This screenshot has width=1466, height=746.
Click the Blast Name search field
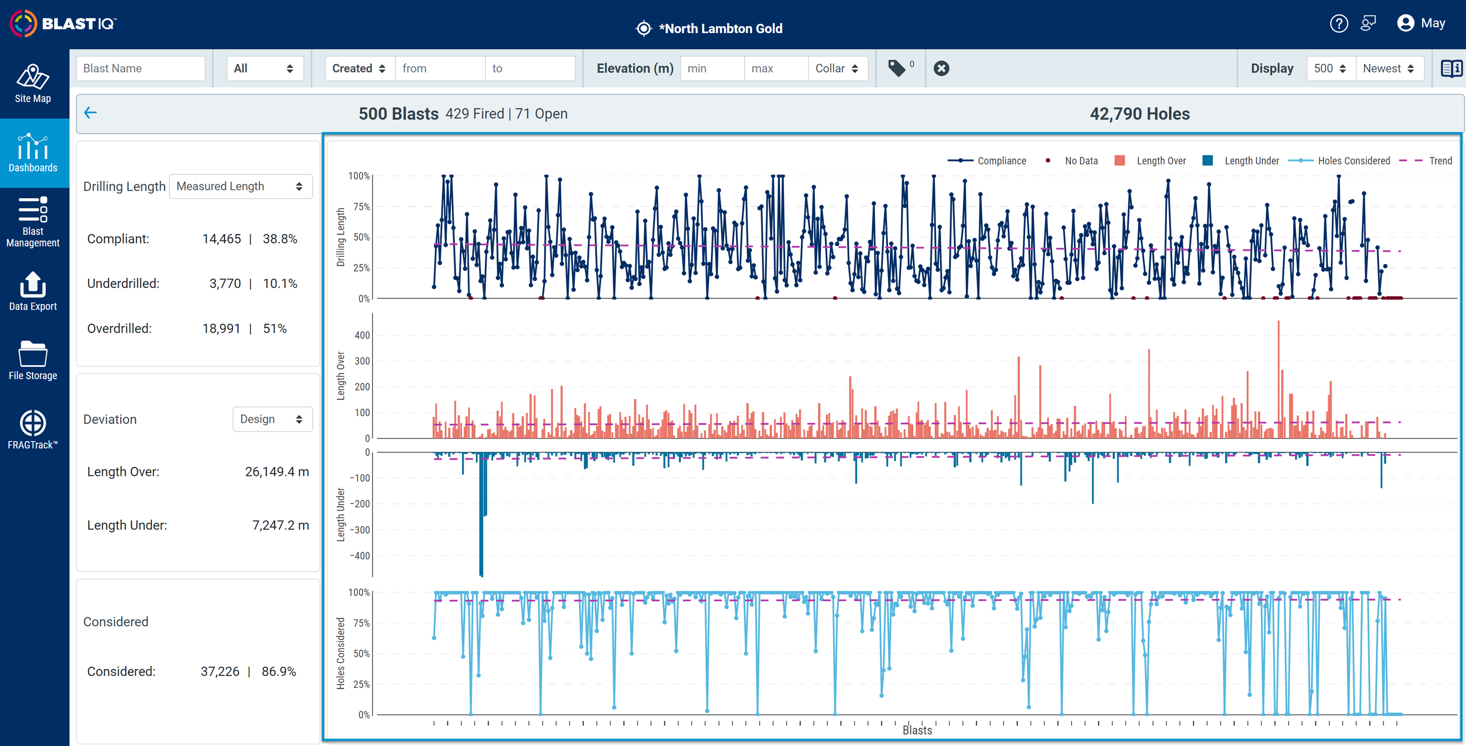(x=140, y=69)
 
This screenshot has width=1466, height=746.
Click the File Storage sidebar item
(x=33, y=361)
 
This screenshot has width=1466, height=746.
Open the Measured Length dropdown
(x=241, y=186)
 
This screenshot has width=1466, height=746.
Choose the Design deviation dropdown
(x=273, y=419)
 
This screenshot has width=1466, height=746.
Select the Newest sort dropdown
(x=1389, y=69)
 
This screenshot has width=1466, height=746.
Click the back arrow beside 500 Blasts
(x=91, y=113)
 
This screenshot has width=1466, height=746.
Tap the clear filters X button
(x=941, y=69)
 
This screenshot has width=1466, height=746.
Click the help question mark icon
(x=1339, y=23)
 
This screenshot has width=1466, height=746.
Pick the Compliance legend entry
(x=987, y=161)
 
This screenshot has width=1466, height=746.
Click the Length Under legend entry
(x=1241, y=161)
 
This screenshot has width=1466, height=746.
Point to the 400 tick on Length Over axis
(x=362, y=336)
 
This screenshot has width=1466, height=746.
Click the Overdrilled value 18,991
(x=221, y=328)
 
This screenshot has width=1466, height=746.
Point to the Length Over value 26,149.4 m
(x=277, y=471)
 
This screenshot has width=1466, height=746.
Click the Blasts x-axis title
(x=917, y=730)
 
